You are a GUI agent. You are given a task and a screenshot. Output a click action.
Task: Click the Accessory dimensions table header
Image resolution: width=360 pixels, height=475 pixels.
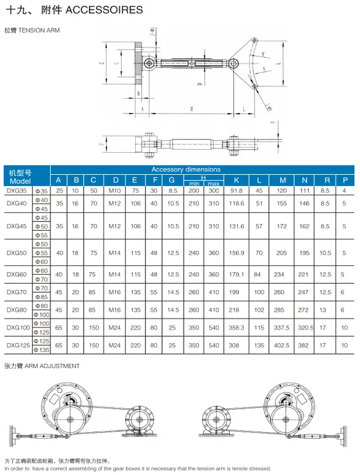186,169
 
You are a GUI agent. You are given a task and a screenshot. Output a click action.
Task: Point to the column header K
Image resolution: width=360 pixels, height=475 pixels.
236,180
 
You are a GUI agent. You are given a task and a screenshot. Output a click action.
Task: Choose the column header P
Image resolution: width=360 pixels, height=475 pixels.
346,180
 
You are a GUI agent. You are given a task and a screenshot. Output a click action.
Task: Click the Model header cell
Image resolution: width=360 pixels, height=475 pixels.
20,181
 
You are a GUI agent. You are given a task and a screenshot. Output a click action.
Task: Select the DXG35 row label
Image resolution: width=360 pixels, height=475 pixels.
17,191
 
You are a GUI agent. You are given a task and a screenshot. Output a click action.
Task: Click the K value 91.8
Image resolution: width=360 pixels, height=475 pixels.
237,191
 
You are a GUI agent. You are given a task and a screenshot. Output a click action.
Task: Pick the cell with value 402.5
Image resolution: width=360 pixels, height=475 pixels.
282,346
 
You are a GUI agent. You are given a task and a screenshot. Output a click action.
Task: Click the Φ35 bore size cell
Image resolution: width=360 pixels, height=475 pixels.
42,191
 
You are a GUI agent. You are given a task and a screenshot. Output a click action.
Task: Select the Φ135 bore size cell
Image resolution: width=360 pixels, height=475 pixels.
42,350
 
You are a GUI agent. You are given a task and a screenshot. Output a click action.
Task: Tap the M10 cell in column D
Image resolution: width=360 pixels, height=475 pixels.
115,191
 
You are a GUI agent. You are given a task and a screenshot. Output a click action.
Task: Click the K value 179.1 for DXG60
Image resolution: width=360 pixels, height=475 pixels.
237,274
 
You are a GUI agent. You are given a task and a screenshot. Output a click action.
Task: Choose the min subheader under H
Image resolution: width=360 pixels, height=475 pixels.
194,183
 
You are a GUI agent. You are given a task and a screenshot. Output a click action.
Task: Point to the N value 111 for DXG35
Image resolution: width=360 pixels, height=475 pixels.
305,191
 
